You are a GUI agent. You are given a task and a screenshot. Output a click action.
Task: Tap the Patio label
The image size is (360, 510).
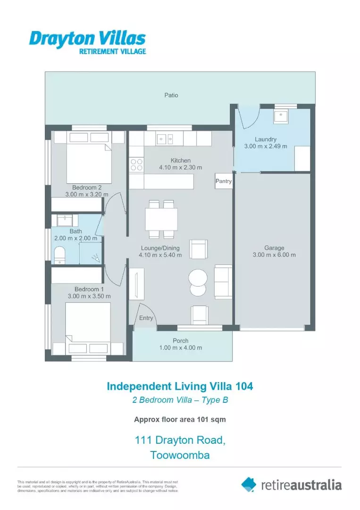[x=171, y=95]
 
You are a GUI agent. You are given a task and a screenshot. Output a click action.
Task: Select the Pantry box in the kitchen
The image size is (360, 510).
[x=224, y=181]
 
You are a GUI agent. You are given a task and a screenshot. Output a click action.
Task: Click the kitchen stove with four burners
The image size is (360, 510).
[x=136, y=164]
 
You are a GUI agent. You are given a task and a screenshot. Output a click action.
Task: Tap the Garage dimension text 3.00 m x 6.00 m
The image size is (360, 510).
[x=274, y=255]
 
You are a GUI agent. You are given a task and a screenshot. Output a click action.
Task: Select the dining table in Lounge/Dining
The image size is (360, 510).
[x=161, y=219]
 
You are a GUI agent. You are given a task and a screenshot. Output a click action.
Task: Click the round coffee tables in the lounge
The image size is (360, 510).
[x=197, y=282]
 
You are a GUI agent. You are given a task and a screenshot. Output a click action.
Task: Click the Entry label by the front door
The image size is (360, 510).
[x=146, y=318]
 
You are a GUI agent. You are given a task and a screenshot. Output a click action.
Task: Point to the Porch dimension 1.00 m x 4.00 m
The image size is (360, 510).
[x=180, y=348]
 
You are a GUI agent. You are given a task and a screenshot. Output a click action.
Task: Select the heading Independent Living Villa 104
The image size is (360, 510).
[x=180, y=386]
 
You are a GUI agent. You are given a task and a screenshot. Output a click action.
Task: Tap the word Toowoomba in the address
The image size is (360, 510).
[x=180, y=455]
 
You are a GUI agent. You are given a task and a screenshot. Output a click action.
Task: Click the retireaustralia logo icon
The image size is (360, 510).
[x=249, y=484]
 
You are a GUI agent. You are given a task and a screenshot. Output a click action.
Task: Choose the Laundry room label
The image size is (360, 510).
[x=265, y=139]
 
